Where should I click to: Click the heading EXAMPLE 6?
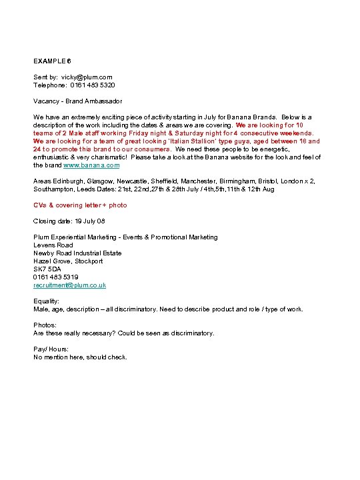point(52,61)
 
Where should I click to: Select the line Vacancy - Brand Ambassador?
point(78,101)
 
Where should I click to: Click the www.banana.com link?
point(95,165)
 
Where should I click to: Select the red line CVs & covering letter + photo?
point(80,205)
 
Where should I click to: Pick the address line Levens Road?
point(53,245)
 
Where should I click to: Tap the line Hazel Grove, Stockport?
point(68,261)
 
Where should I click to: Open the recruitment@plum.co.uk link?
point(69,285)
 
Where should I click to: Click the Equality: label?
point(46,301)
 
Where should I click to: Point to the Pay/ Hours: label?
point(51,349)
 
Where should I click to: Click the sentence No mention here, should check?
point(80,357)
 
